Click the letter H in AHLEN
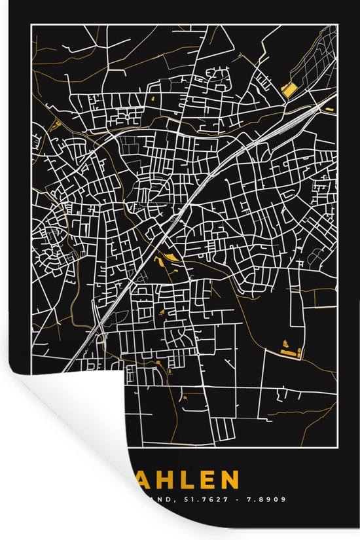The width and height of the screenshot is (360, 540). [x=158, y=480]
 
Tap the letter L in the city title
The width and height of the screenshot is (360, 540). [x=181, y=480]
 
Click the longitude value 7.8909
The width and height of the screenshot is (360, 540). [x=267, y=499]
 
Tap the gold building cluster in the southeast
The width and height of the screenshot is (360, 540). [x=287, y=349]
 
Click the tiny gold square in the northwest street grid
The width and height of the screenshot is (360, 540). [x=152, y=98]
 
